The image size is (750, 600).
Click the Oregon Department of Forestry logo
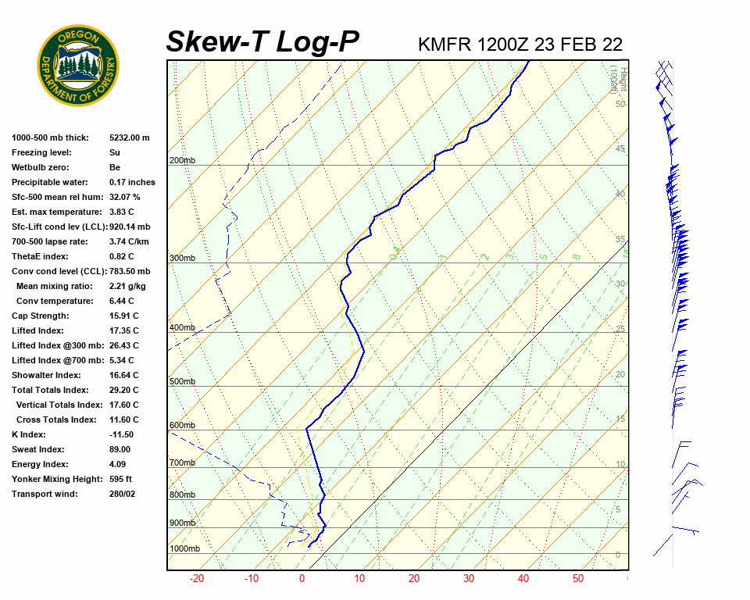78,66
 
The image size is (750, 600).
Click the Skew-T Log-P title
262,42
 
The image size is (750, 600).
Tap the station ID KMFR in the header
441,45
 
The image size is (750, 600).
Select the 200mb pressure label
183,161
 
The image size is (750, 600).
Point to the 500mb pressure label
183,381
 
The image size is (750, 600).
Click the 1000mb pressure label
185,548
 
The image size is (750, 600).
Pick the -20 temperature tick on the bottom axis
197,579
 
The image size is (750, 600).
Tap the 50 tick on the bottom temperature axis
578,579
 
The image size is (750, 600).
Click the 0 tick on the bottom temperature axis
302,579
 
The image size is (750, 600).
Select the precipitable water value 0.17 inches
132,182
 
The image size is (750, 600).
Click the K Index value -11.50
121,434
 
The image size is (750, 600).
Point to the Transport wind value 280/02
122,494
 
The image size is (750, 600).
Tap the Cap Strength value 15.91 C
123,316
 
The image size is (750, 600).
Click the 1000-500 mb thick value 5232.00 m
129,137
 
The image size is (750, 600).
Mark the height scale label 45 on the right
620,149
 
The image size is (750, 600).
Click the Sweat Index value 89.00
120,449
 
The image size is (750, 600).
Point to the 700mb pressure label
183,462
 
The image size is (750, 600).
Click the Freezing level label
41,152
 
